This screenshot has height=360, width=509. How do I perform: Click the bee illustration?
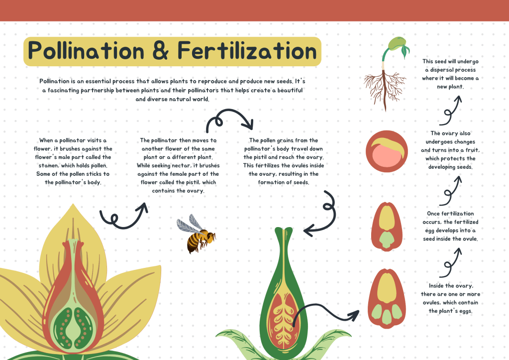tap(196, 234)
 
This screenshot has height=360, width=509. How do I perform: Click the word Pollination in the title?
tap(86, 51)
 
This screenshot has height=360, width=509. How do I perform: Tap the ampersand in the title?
tap(161, 51)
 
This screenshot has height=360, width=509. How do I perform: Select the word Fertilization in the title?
tap(247, 51)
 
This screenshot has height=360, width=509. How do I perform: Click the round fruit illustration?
tap(387, 151)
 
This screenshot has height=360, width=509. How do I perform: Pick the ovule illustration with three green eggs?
tap(387, 299)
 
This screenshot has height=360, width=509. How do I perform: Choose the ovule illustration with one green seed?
tap(387, 227)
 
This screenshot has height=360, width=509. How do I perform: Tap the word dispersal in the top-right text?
tap(453, 70)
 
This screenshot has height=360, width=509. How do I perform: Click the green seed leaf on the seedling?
tap(405, 51)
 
